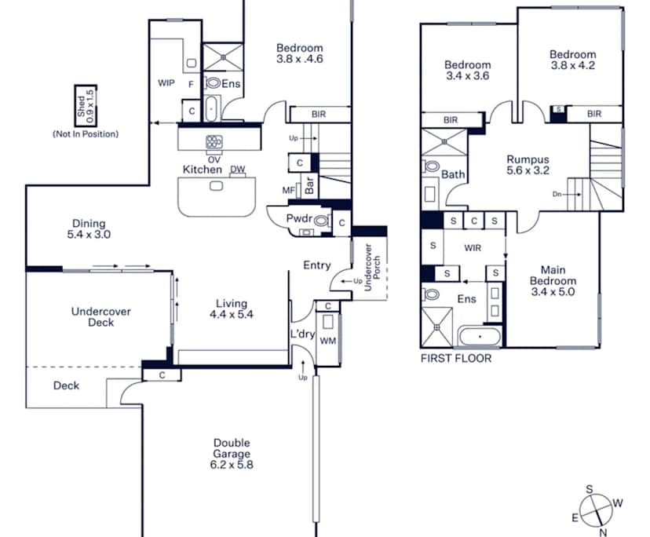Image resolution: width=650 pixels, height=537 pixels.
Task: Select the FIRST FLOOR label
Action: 456,359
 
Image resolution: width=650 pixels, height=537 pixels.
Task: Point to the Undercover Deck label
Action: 100,316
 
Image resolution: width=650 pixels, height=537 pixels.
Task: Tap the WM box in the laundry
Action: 327,341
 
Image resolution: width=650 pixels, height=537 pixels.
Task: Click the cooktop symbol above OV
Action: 214,142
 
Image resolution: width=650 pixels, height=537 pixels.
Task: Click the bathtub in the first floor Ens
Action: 479,338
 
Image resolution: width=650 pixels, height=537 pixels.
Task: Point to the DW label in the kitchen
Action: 237,170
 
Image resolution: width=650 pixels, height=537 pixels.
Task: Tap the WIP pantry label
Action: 166,83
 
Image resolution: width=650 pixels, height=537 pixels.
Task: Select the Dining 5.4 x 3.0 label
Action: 89,228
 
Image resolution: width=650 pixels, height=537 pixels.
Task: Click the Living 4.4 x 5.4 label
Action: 228,309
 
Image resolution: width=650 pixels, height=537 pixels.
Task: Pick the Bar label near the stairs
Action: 309,186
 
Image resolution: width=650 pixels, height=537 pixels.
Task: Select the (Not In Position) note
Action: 86,133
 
